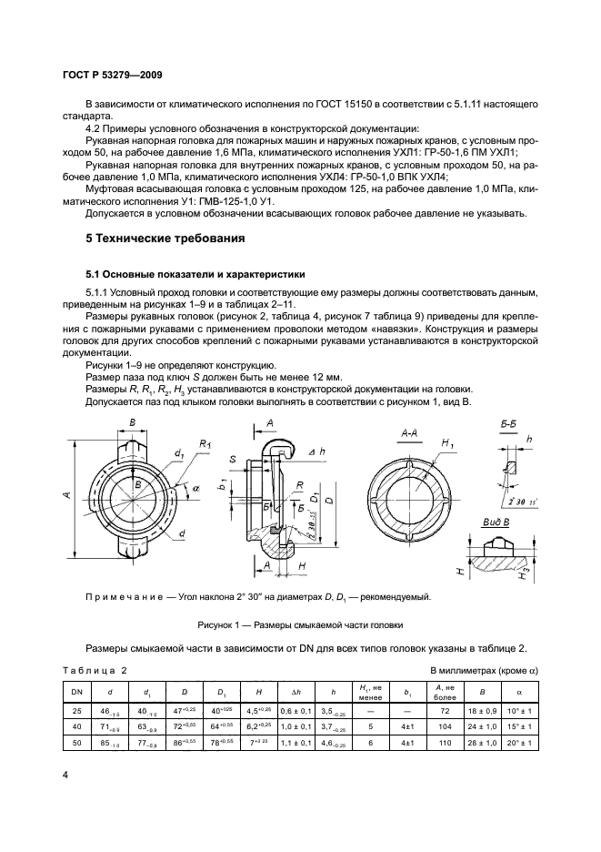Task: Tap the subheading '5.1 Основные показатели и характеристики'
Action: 195,273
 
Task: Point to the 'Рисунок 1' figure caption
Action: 299,625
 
